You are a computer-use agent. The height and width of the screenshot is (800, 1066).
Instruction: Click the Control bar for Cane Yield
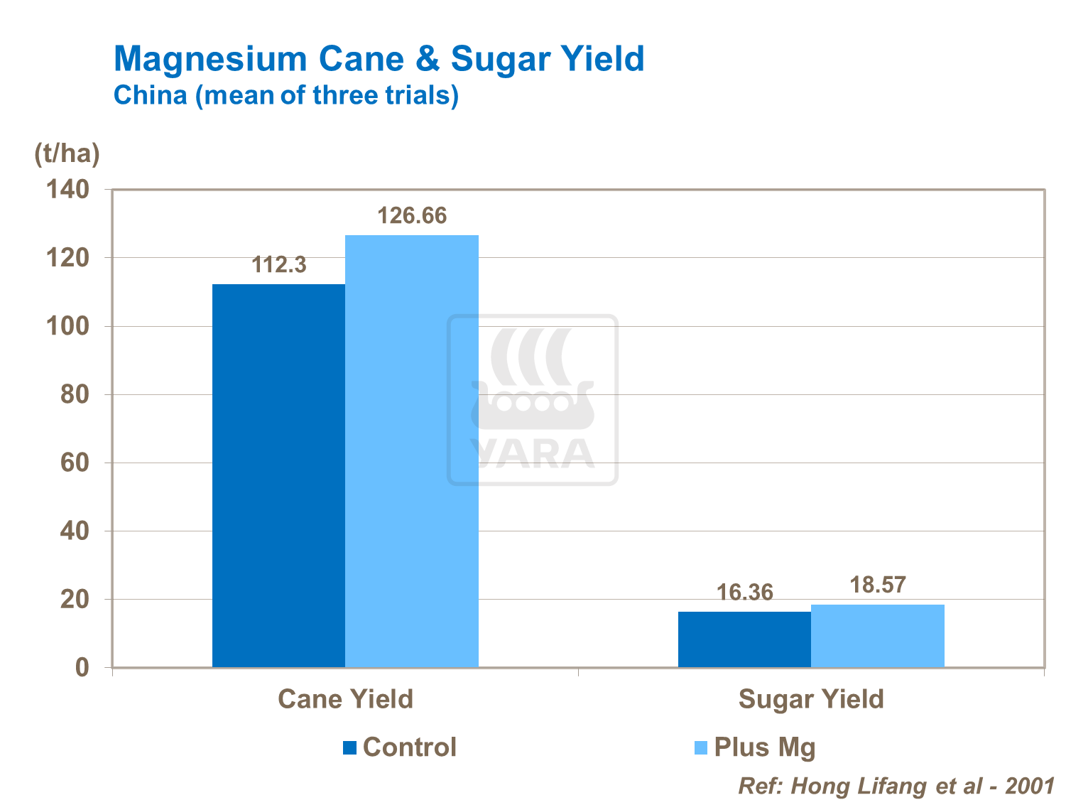click(x=278, y=475)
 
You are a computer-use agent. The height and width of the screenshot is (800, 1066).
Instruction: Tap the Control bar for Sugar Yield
click(x=744, y=639)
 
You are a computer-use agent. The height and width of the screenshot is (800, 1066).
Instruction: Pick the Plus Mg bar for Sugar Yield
click(x=878, y=636)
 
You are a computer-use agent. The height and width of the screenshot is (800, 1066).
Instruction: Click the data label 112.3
click(x=279, y=265)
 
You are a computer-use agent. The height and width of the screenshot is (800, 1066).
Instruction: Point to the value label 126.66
click(x=412, y=215)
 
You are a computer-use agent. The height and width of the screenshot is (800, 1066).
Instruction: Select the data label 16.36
click(x=744, y=593)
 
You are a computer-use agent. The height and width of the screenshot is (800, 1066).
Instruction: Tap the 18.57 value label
click(x=878, y=585)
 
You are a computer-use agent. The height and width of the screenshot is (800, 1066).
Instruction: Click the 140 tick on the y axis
click(x=67, y=189)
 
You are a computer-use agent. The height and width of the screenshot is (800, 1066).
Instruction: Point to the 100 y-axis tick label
click(x=67, y=326)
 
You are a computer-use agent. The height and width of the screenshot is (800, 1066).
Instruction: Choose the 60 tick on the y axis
click(x=74, y=463)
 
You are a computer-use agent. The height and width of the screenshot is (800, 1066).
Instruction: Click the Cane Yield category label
click(x=345, y=699)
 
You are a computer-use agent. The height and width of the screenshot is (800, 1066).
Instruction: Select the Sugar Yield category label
click(x=811, y=699)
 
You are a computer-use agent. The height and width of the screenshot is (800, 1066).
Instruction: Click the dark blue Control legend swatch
click(x=349, y=747)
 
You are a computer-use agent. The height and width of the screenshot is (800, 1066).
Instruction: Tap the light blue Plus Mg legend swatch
click(x=701, y=747)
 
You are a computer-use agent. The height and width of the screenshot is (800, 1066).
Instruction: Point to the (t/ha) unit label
click(x=67, y=153)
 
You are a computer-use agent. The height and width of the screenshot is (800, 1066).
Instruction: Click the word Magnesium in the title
click(x=210, y=58)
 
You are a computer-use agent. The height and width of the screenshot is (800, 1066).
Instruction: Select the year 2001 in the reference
click(x=1029, y=785)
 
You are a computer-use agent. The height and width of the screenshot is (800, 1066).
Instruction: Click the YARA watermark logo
click(x=533, y=400)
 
